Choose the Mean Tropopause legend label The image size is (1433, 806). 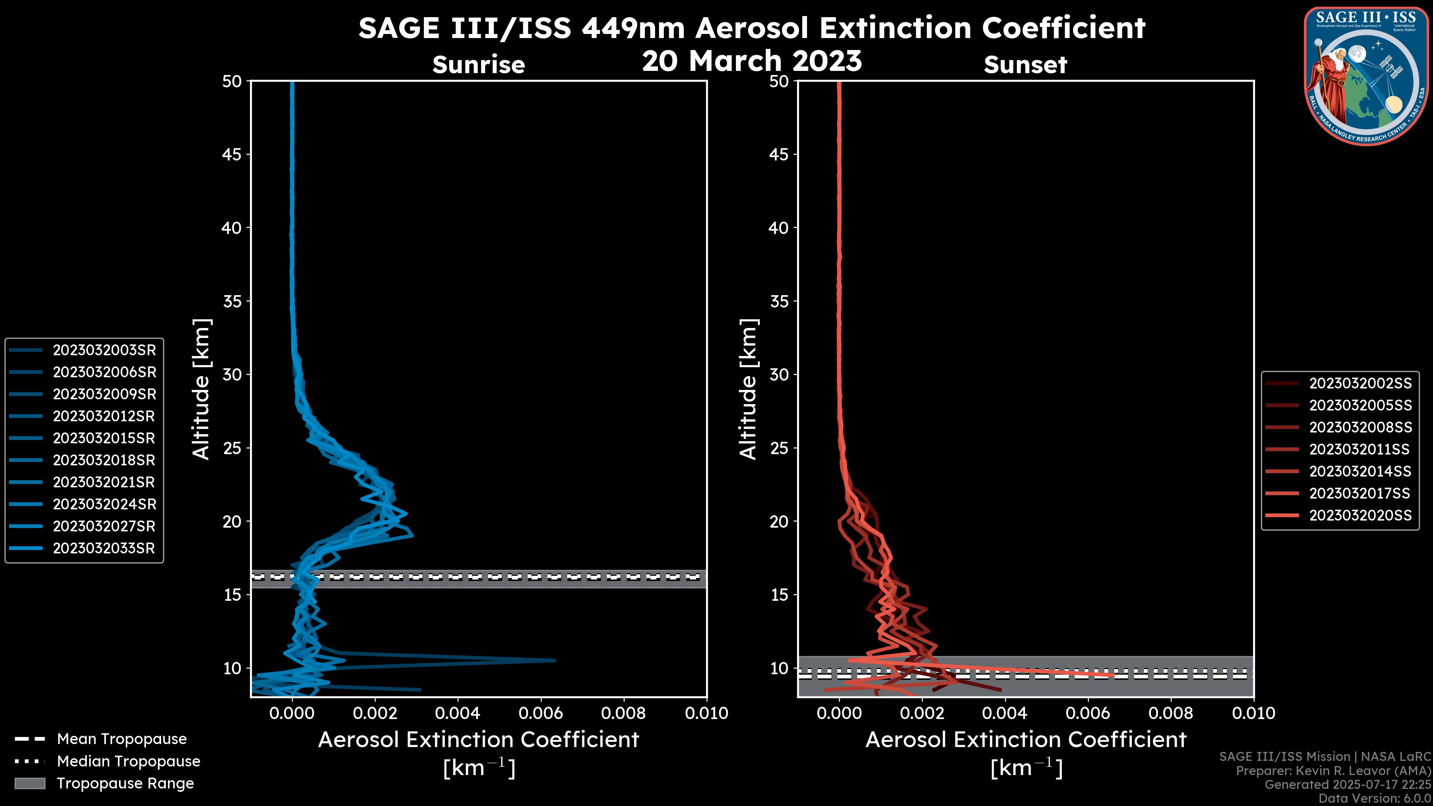tap(122, 739)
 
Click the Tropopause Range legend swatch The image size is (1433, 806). tap(29, 783)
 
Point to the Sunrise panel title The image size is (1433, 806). tap(478, 65)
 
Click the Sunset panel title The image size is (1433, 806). tap(1025, 65)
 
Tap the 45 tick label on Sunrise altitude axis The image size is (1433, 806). tap(232, 154)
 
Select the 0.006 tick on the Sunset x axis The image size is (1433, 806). tap(1088, 713)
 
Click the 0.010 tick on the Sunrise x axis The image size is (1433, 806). tap(706, 713)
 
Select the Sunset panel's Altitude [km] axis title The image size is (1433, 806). tap(748, 389)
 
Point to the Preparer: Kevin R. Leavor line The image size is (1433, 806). tap(1333, 771)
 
